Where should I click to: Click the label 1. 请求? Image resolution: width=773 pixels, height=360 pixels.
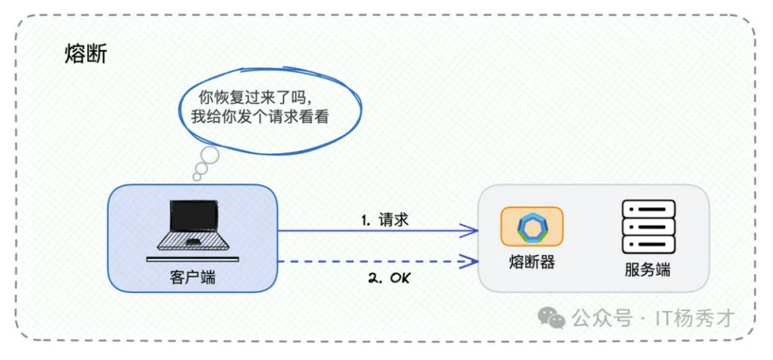tap(385, 220)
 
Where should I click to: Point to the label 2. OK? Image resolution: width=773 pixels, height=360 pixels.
tap(390, 278)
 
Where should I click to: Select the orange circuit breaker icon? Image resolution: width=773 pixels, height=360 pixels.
tap(532, 226)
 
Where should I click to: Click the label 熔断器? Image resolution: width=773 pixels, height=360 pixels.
tap(532, 262)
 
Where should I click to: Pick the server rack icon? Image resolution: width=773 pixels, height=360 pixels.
tap(648, 226)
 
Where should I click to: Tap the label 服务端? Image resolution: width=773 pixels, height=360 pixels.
tap(648, 271)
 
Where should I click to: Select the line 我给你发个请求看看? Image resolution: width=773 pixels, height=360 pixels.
tap(260, 117)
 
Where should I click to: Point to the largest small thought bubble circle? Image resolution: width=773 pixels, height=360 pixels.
tap(209, 155)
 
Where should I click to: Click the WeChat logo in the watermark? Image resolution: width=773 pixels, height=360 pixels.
tap(551, 317)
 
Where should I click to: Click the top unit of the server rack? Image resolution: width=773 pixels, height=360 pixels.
tap(648, 208)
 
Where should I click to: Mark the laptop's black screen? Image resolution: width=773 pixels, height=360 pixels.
tap(193, 216)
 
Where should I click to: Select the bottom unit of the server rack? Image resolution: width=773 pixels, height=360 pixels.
tap(648, 245)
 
